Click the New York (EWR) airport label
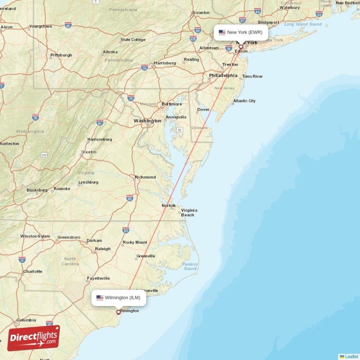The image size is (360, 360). tap(241, 32)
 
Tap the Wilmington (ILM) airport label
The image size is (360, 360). tap(119, 297)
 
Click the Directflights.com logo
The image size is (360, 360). tap(33, 338)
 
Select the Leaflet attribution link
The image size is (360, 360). tap(349, 356)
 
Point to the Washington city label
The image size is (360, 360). tap(147, 121)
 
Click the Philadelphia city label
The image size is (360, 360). tap(223, 76)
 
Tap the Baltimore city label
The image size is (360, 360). tap(171, 104)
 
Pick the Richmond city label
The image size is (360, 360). tap(145, 177)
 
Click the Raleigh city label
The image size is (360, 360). tap(103, 249)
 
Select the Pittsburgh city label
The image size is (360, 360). tap(61, 55)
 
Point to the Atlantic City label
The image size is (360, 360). tap(244, 101)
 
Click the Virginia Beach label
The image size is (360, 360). tap(188, 212)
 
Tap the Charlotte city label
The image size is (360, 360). tap(32, 271)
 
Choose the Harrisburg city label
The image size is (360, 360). tap(165, 63)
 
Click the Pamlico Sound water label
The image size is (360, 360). tap(190, 266)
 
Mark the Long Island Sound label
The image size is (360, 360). tap(303, 24)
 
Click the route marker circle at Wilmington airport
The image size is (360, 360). tap(118, 312)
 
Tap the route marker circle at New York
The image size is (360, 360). tap(241, 46)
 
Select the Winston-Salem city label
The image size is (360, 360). tap(35, 236)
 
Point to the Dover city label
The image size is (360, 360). tap(203, 109)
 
